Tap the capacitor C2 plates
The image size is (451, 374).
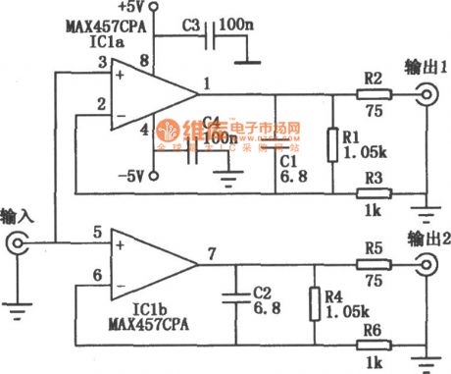coord(236,297)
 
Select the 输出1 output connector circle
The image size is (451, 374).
coord(428,94)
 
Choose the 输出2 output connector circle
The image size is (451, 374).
coord(428,263)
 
